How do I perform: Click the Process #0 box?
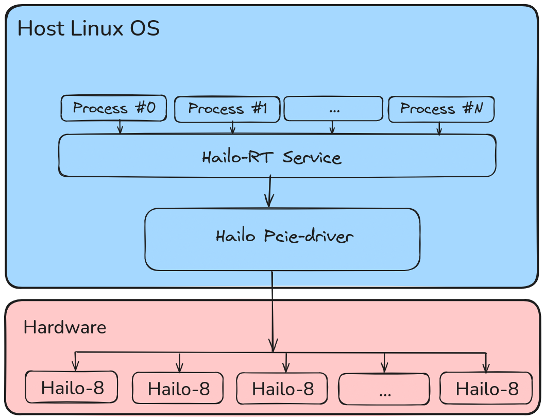pyautogui.click(x=114, y=108)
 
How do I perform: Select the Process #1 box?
pyautogui.click(x=227, y=109)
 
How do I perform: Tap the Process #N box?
pyautogui.click(x=441, y=109)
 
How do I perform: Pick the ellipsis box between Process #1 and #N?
pyautogui.click(x=333, y=109)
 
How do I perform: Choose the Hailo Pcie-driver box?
pyautogui.click(x=282, y=239)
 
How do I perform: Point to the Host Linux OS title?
pyautogui.click(x=89, y=28)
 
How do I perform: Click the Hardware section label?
pyautogui.click(x=65, y=327)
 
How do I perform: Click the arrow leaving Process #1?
pyautogui.click(x=233, y=128)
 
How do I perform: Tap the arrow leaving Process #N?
pyautogui.click(x=439, y=129)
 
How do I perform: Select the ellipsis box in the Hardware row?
pyautogui.click(x=384, y=389)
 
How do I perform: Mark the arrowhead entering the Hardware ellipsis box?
pyautogui.click(x=384, y=368)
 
